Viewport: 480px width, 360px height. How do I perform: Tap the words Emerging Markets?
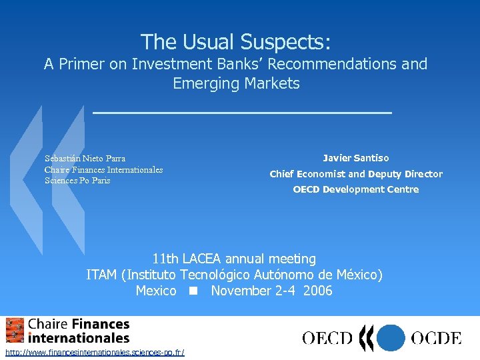[236, 84]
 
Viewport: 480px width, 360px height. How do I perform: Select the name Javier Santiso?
[355, 158]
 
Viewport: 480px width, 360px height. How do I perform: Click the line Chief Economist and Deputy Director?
[355, 174]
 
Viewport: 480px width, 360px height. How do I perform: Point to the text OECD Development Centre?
[355, 189]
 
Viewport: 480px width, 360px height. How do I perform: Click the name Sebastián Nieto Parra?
[85, 159]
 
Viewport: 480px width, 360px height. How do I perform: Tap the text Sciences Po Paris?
[77, 181]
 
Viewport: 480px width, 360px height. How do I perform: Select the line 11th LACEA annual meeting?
[234, 259]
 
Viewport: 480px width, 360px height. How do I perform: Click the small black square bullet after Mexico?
[193, 291]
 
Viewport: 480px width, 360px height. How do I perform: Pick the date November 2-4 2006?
[271, 291]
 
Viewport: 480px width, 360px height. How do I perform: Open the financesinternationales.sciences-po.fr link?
[94, 352]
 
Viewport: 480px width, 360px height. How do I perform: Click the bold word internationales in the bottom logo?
[79, 338]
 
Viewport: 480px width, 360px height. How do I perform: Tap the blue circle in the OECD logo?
[391, 337]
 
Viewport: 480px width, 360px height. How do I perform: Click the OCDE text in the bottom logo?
[435, 338]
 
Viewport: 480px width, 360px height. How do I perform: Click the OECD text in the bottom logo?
[327, 338]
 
